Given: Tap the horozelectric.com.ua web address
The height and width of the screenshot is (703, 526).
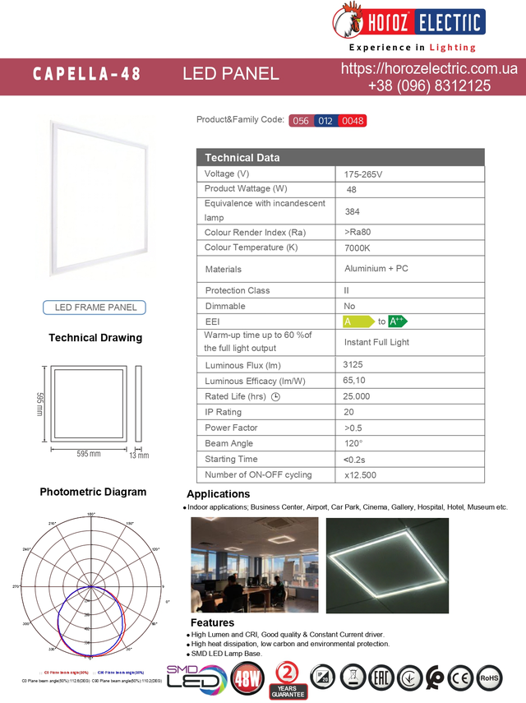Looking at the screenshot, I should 429,69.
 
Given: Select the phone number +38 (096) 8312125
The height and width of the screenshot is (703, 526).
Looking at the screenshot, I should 429,86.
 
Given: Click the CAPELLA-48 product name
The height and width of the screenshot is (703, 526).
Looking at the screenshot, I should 86,74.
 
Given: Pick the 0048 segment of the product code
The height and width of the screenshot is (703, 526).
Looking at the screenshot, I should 353,121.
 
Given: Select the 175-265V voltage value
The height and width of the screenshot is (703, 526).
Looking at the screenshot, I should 363,174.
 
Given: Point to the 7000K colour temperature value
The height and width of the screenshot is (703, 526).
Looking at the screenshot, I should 358,247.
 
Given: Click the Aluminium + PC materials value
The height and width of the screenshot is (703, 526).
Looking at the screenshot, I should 376,269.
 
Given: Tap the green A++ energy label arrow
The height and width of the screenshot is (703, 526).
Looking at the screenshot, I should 398,321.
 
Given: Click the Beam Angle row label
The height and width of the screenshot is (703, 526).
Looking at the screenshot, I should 228,443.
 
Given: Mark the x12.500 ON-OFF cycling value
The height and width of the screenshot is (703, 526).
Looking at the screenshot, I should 361,475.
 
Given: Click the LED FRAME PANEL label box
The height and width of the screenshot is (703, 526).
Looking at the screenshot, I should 95,308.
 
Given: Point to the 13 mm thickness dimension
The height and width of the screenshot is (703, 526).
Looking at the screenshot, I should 138,455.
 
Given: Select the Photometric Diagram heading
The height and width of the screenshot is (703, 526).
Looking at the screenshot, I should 93,492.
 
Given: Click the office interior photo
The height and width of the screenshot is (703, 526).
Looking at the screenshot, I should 254,565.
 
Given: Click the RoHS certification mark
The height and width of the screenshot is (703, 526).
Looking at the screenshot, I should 489,678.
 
